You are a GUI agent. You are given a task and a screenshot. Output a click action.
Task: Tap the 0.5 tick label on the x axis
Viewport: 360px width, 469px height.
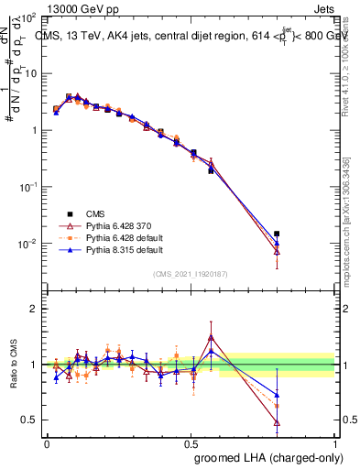pyautogui.click(x=191, y=442)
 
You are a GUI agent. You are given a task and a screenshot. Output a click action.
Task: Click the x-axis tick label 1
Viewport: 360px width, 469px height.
pyautogui.click(x=335, y=442)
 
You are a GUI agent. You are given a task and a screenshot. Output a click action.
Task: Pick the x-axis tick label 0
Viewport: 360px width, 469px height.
pyautogui.click(x=47, y=442)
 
